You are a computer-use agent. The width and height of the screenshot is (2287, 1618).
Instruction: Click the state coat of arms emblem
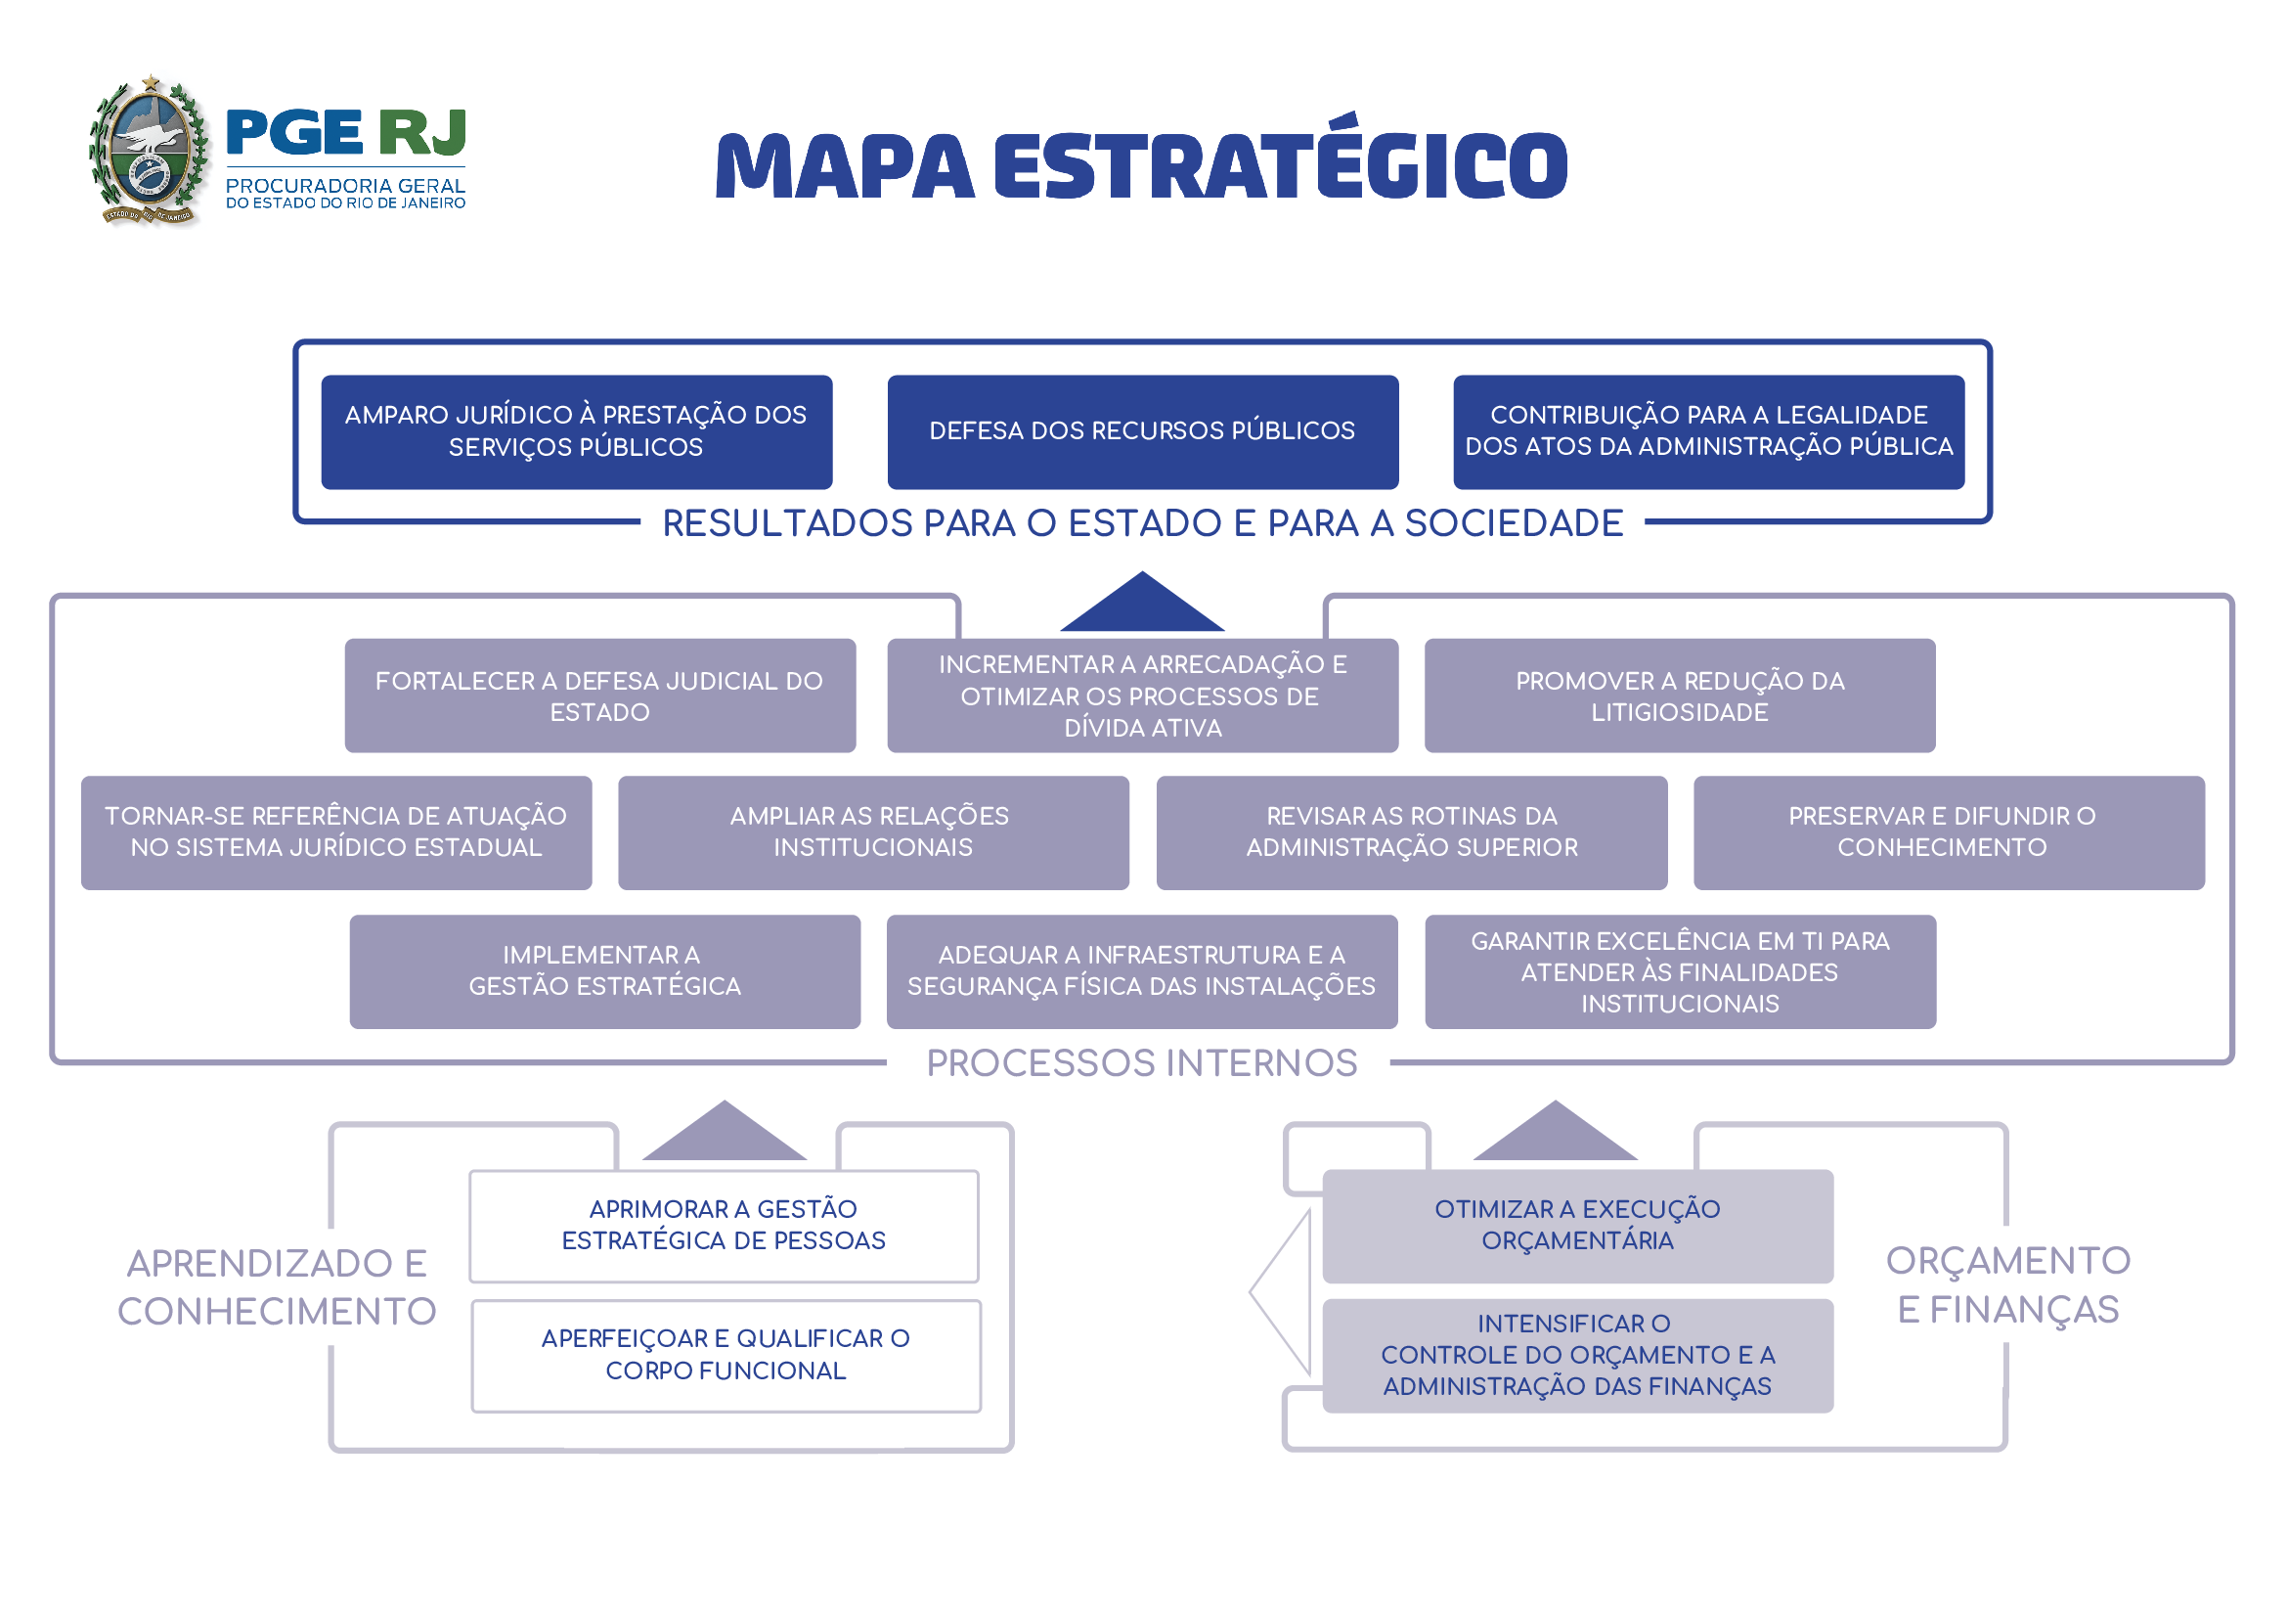(x=150, y=152)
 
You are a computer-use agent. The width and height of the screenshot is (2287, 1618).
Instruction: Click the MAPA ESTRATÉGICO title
(x=1141, y=166)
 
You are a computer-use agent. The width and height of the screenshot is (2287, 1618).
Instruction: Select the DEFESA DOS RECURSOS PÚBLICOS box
(x=1142, y=431)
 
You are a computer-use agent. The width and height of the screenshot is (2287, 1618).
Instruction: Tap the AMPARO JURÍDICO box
(x=576, y=431)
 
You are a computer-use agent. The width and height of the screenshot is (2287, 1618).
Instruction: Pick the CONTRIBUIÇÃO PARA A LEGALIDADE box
(x=1708, y=431)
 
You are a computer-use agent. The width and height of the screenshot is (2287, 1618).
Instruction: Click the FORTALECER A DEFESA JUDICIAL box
(x=599, y=696)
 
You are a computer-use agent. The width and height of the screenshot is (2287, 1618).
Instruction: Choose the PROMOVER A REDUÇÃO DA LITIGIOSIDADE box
(x=1680, y=696)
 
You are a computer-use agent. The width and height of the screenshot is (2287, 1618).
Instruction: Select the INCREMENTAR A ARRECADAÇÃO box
(x=1142, y=696)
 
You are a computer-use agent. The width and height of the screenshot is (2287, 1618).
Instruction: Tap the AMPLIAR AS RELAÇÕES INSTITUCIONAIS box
(x=872, y=831)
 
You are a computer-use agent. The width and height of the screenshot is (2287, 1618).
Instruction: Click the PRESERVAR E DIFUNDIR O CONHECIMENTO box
(x=1949, y=831)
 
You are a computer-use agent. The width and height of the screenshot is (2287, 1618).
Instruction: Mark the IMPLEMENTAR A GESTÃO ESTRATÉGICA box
(x=604, y=971)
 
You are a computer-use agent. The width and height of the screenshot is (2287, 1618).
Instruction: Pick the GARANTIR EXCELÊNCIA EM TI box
(x=1681, y=971)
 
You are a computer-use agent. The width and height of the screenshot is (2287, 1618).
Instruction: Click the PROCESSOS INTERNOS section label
(x=1141, y=1063)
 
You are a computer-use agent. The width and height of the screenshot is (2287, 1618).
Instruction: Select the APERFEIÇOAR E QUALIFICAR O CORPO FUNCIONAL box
(x=726, y=1355)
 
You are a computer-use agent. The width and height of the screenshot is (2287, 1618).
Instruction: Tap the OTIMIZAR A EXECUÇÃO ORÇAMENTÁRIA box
(x=1577, y=1226)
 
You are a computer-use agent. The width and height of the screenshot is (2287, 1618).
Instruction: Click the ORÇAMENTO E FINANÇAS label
(x=2007, y=1285)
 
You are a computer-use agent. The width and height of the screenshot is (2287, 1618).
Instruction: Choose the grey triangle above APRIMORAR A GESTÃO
(x=725, y=1137)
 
